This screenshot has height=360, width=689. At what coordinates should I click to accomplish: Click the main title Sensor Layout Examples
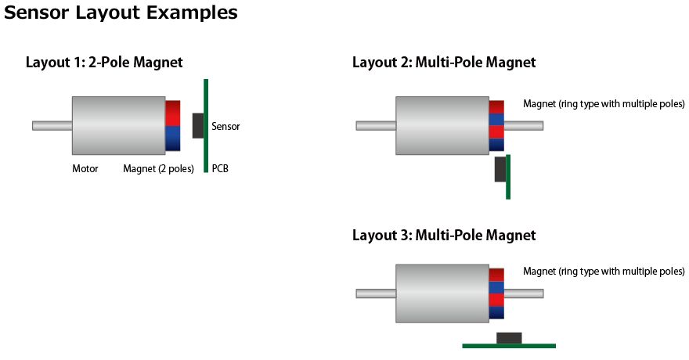point(121,13)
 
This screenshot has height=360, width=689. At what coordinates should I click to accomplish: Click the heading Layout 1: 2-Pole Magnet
point(104,63)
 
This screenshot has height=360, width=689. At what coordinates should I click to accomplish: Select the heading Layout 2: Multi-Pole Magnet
point(444,63)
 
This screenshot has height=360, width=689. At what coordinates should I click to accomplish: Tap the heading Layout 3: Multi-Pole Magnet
point(444,235)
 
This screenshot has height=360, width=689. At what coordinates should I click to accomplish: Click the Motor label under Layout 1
point(85,168)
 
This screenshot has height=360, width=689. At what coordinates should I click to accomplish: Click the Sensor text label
point(225,126)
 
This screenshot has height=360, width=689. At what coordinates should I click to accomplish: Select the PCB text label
point(220,168)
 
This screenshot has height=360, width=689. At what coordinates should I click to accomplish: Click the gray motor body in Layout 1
point(118,125)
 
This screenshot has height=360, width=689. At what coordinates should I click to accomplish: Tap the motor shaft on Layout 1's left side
point(52,125)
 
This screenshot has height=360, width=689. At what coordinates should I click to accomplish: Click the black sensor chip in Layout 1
point(198,125)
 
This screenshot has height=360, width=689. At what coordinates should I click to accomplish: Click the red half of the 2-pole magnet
point(173,113)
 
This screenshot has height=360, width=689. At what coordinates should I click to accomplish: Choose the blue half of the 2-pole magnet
point(173,139)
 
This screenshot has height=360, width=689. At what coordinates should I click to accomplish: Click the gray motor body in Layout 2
point(442,125)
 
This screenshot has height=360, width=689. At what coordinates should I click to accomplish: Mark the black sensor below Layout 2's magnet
point(500,169)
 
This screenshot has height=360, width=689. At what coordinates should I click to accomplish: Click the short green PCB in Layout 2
point(508,177)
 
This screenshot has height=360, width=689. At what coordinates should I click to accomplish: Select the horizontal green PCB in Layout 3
point(509,345)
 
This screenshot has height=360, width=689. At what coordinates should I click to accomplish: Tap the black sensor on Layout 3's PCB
point(509,337)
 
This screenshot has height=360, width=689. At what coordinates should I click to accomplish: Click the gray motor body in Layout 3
point(442,293)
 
